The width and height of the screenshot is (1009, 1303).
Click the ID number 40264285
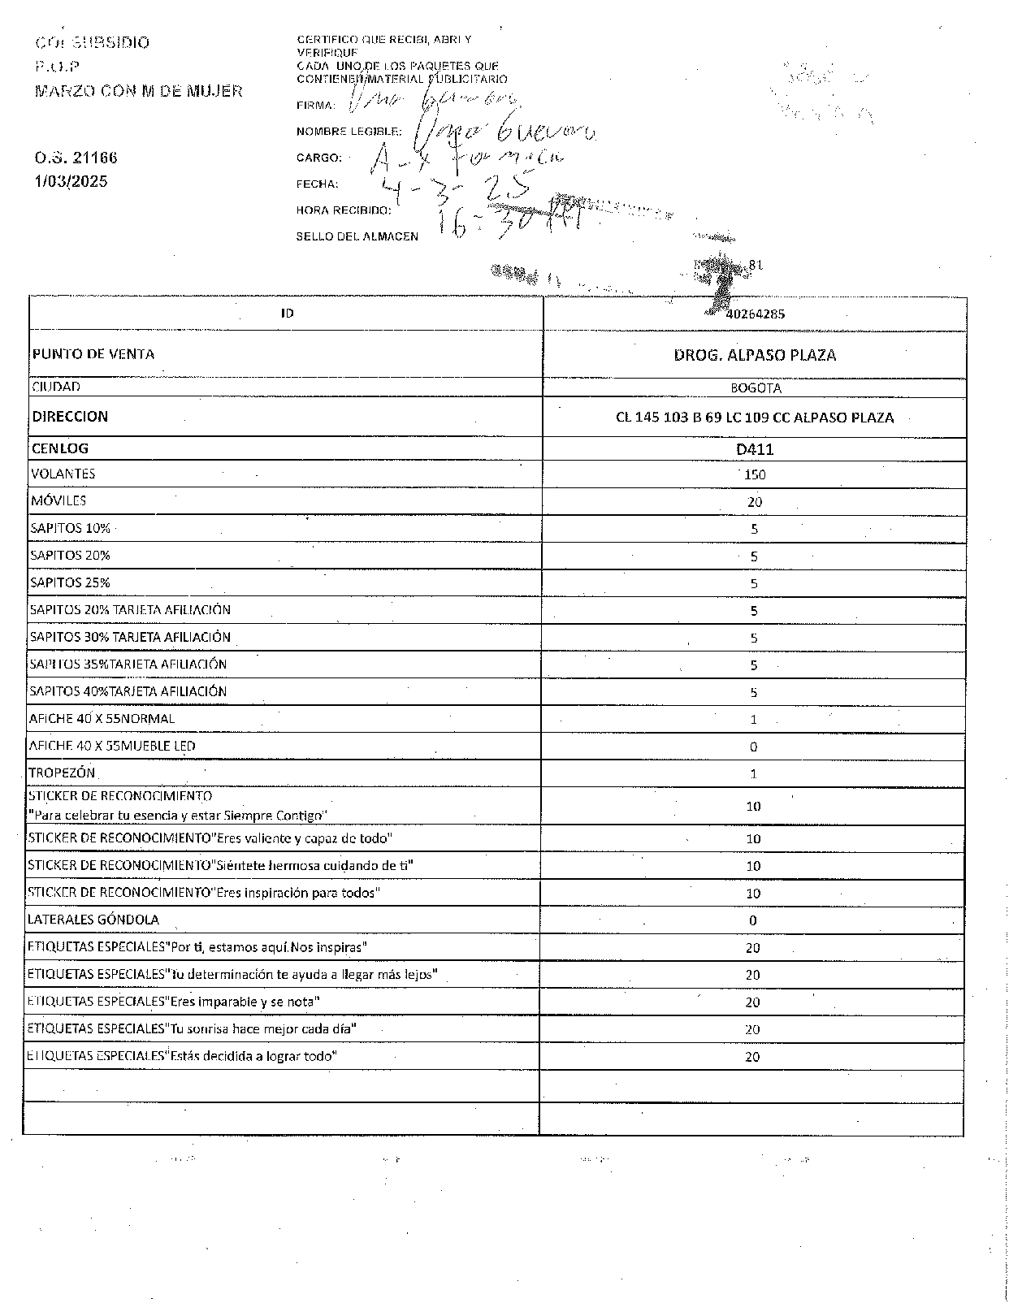point(755,314)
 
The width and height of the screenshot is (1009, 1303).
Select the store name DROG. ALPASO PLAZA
point(755,355)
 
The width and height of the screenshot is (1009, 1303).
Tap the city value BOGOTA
point(756,388)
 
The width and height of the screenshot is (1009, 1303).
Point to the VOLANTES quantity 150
point(755,475)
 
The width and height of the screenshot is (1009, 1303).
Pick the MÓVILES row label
point(58,501)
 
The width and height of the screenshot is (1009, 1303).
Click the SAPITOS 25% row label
point(70,582)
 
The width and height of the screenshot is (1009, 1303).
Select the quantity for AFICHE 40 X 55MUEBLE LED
point(754,747)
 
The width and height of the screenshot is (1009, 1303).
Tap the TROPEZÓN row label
point(62,773)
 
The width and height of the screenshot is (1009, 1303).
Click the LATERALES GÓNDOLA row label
point(93,920)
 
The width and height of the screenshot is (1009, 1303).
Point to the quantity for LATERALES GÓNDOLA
point(753,920)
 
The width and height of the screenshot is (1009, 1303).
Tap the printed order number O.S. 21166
point(70,158)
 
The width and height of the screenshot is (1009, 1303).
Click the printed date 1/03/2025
point(71,181)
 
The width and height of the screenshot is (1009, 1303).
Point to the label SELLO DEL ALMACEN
point(357,236)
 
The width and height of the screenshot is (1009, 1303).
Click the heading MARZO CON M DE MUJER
point(138,91)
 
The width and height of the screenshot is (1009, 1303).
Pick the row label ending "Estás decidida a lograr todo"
point(182,1056)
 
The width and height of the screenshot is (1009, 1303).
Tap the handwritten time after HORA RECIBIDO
point(504,218)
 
